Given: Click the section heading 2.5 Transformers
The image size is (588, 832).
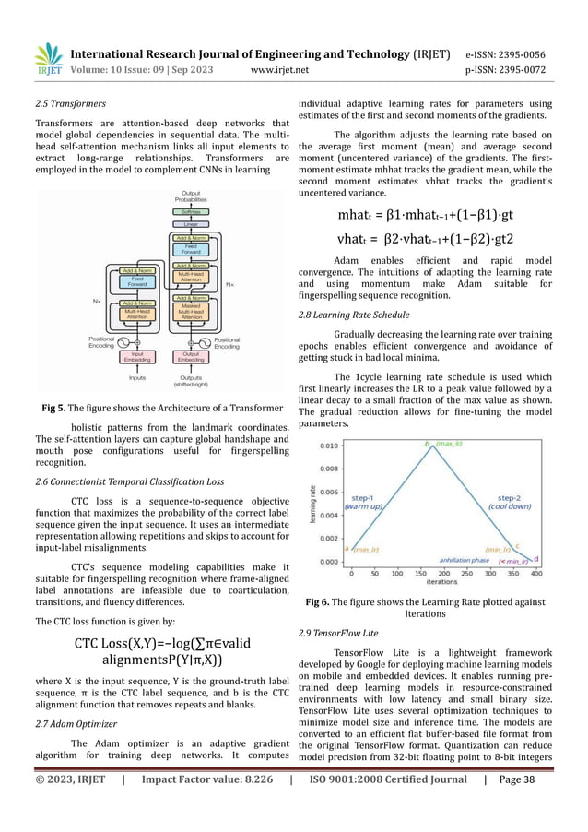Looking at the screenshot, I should pos(67,104).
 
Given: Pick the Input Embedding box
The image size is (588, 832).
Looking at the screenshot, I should pos(136,357).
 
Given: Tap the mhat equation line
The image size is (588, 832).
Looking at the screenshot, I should pos(433,217).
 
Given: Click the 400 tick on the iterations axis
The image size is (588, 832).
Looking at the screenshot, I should pos(535,573).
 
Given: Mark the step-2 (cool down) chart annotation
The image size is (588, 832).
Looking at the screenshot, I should pos(509,503).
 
